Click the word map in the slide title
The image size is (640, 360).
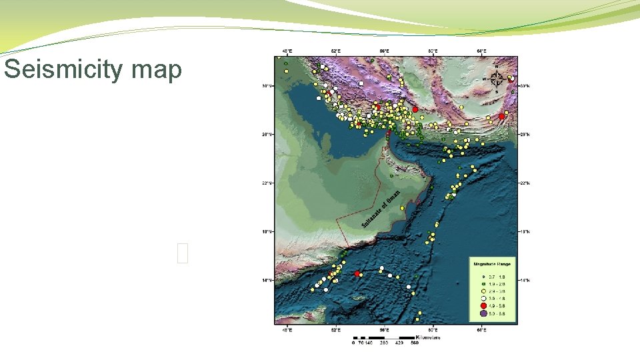pyautogui.click(x=156, y=70)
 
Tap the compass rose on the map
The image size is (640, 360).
pyautogui.click(x=497, y=79)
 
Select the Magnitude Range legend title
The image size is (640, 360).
pyautogui.click(x=491, y=264)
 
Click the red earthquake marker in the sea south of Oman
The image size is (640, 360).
pyautogui.click(x=357, y=273)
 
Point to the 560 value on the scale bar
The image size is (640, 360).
pyautogui.click(x=414, y=344)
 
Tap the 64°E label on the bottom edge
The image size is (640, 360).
pyautogui.click(x=481, y=329)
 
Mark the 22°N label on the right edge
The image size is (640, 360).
pyautogui.click(x=525, y=183)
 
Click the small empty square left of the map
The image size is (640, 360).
pyautogui.click(x=184, y=253)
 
